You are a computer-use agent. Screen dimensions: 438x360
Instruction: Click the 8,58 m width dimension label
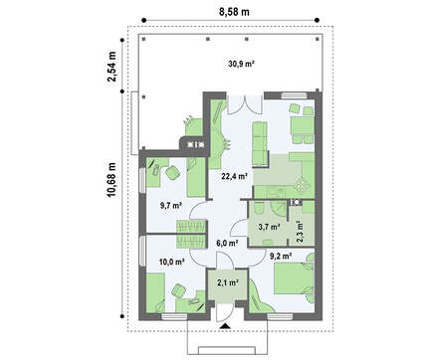click(234, 12)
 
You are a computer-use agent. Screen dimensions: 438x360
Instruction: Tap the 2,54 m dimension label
click(112, 67)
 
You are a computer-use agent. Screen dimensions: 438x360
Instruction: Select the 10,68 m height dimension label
click(112, 179)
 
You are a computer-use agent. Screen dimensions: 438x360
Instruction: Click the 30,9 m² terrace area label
click(241, 64)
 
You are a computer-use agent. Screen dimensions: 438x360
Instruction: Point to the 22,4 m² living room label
click(235, 176)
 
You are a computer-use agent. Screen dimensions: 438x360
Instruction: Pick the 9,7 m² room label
click(171, 206)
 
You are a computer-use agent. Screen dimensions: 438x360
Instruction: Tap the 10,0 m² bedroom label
click(171, 262)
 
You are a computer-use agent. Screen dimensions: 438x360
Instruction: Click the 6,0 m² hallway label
click(227, 243)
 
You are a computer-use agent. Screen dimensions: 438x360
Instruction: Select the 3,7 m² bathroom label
click(269, 227)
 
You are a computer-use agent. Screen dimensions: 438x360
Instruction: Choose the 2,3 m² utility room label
click(300, 232)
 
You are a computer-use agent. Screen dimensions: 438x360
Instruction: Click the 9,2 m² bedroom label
click(281, 256)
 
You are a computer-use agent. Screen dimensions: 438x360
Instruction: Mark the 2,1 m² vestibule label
click(228, 282)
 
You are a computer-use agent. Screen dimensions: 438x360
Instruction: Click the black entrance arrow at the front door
click(225, 326)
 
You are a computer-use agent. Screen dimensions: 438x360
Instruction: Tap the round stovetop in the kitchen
click(302, 184)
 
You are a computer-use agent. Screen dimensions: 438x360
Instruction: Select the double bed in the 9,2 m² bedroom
click(294, 278)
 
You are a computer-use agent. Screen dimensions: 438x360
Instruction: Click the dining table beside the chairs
click(303, 125)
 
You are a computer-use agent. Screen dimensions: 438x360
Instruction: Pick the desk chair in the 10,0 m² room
click(179, 290)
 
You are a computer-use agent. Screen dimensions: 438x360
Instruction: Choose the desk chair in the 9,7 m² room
click(172, 173)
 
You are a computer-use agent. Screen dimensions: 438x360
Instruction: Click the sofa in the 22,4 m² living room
click(260, 143)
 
